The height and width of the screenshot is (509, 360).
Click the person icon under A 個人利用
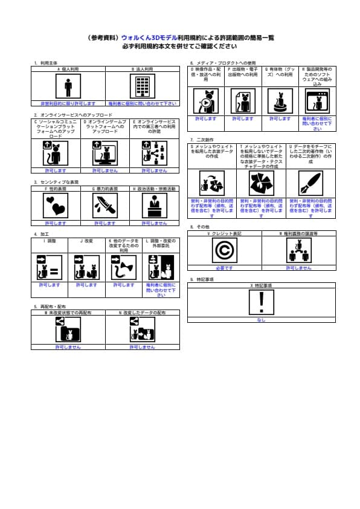68,86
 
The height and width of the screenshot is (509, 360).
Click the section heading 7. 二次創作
202,140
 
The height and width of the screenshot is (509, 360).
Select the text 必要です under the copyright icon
224,267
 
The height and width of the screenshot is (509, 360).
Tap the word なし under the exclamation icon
261,320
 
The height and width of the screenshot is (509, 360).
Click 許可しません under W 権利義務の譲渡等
298,267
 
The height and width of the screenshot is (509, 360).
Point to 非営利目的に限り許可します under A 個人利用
68,103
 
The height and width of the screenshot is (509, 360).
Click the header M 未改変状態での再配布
68,313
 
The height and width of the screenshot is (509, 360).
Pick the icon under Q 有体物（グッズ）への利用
280,100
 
